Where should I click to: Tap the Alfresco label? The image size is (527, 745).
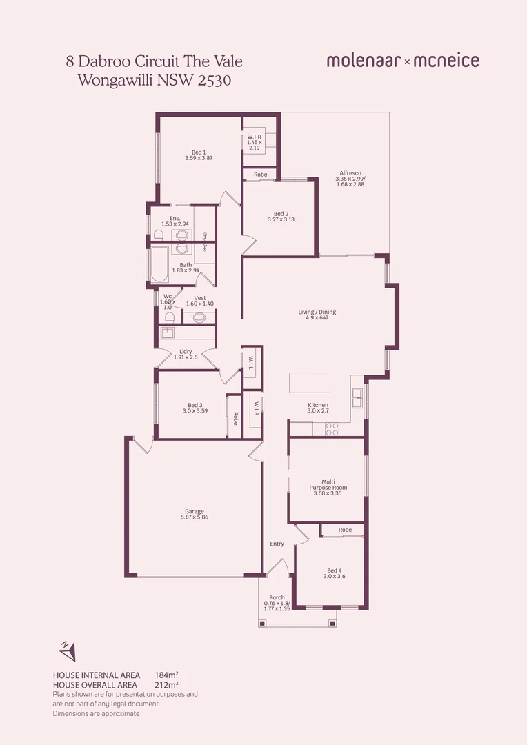(x=350, y=173)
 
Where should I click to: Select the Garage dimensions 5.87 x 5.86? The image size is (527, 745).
(x=195, y=517)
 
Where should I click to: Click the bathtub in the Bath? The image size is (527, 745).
(x=159, y=266)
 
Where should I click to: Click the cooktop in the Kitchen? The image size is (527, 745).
(x=332, y=428)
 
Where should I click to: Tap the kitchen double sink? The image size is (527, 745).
(x=357, y=399)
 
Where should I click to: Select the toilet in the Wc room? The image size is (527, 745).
(x=168, y=317)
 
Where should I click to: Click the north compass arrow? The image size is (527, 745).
(x=68, y=650)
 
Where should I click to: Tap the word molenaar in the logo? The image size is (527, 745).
(x=364, y=61)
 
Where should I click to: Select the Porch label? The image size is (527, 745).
(x=277, y=597)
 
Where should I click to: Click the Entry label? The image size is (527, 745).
(x=277, y=544)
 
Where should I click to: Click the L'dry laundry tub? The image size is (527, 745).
(x=168, y=332)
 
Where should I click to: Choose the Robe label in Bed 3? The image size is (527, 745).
(x=235, y=418)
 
